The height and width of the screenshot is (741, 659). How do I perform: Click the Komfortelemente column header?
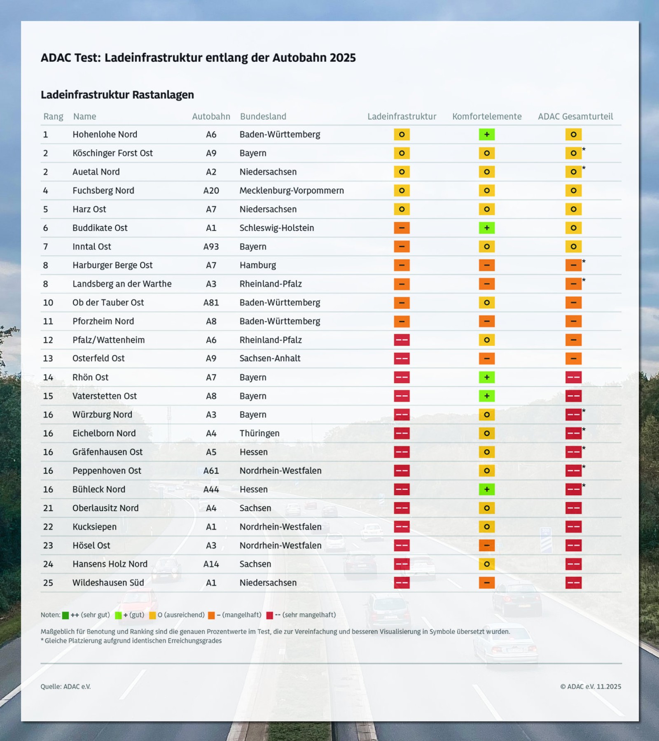click(x=486, y=117)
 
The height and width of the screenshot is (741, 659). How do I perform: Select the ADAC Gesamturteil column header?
click(x=575, y=117)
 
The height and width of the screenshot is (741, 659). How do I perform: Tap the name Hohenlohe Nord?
click(x=105, y=135)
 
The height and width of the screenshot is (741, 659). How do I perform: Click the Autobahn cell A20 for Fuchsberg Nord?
click(x=211, y=191)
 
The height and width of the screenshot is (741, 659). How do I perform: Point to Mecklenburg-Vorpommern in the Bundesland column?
click(x=292, y=191)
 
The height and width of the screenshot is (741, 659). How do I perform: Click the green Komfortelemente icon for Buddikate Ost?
click(x=486, y=228)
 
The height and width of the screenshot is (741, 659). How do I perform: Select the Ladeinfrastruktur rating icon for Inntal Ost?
click(x=402, y=247)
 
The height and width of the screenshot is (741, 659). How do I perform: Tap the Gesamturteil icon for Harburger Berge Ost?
click(x=573, y=266)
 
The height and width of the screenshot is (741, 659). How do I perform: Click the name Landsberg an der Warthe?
click(x=122, y=284)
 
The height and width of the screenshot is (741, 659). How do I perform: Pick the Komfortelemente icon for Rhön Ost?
click(x=486, y=377)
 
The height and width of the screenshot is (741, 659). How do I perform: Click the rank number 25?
click(x=48, y=583)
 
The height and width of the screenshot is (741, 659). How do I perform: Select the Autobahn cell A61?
click(x=211, y=471)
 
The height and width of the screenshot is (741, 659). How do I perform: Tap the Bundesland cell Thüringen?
click(x=259, y=433)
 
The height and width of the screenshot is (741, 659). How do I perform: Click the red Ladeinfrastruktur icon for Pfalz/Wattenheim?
click(x=402, y=340)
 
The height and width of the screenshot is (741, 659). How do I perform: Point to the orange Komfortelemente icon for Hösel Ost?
click(x=486, y=545)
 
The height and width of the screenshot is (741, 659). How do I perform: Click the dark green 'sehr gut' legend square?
click(x=65, y=615)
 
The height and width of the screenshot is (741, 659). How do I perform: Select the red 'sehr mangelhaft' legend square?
click(x=269, y=615)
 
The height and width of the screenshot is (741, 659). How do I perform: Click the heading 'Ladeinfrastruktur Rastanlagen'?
click(x=117, y=95)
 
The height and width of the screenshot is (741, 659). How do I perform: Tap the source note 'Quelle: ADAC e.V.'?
click(x=65, y=687)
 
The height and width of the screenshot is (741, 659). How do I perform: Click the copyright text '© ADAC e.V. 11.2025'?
click(x=590, y=687)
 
